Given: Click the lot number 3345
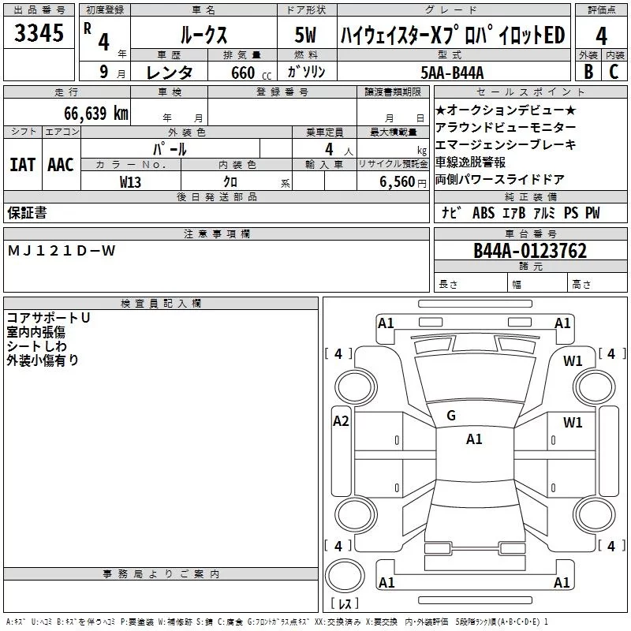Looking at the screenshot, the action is point(39,33).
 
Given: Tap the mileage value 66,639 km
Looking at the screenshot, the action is point(96,113).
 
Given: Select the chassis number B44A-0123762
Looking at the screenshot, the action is point(530,251).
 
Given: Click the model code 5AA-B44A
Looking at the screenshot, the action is point(452,73).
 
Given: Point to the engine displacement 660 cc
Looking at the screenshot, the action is point(251,73).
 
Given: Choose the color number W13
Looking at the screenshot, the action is point(130,182).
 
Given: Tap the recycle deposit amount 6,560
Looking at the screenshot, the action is point(398,182).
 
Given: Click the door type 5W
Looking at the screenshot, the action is point(305,35).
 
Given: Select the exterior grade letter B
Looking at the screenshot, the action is point(588,72).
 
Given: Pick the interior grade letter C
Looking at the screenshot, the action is point(614,72).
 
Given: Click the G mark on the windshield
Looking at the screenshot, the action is point(451,416).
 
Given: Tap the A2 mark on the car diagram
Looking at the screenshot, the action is point(341,421).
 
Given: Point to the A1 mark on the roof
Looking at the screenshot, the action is point(474,439).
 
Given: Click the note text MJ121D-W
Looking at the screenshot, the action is point(62,251).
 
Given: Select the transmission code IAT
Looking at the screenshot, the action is point(23,165).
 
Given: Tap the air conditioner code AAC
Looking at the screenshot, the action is point(61,165).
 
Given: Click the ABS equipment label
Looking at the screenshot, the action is point(484,213).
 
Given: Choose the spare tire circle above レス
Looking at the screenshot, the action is point(345,575).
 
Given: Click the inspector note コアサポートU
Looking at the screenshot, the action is point(48,318).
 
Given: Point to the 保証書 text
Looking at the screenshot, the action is point(27,213).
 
